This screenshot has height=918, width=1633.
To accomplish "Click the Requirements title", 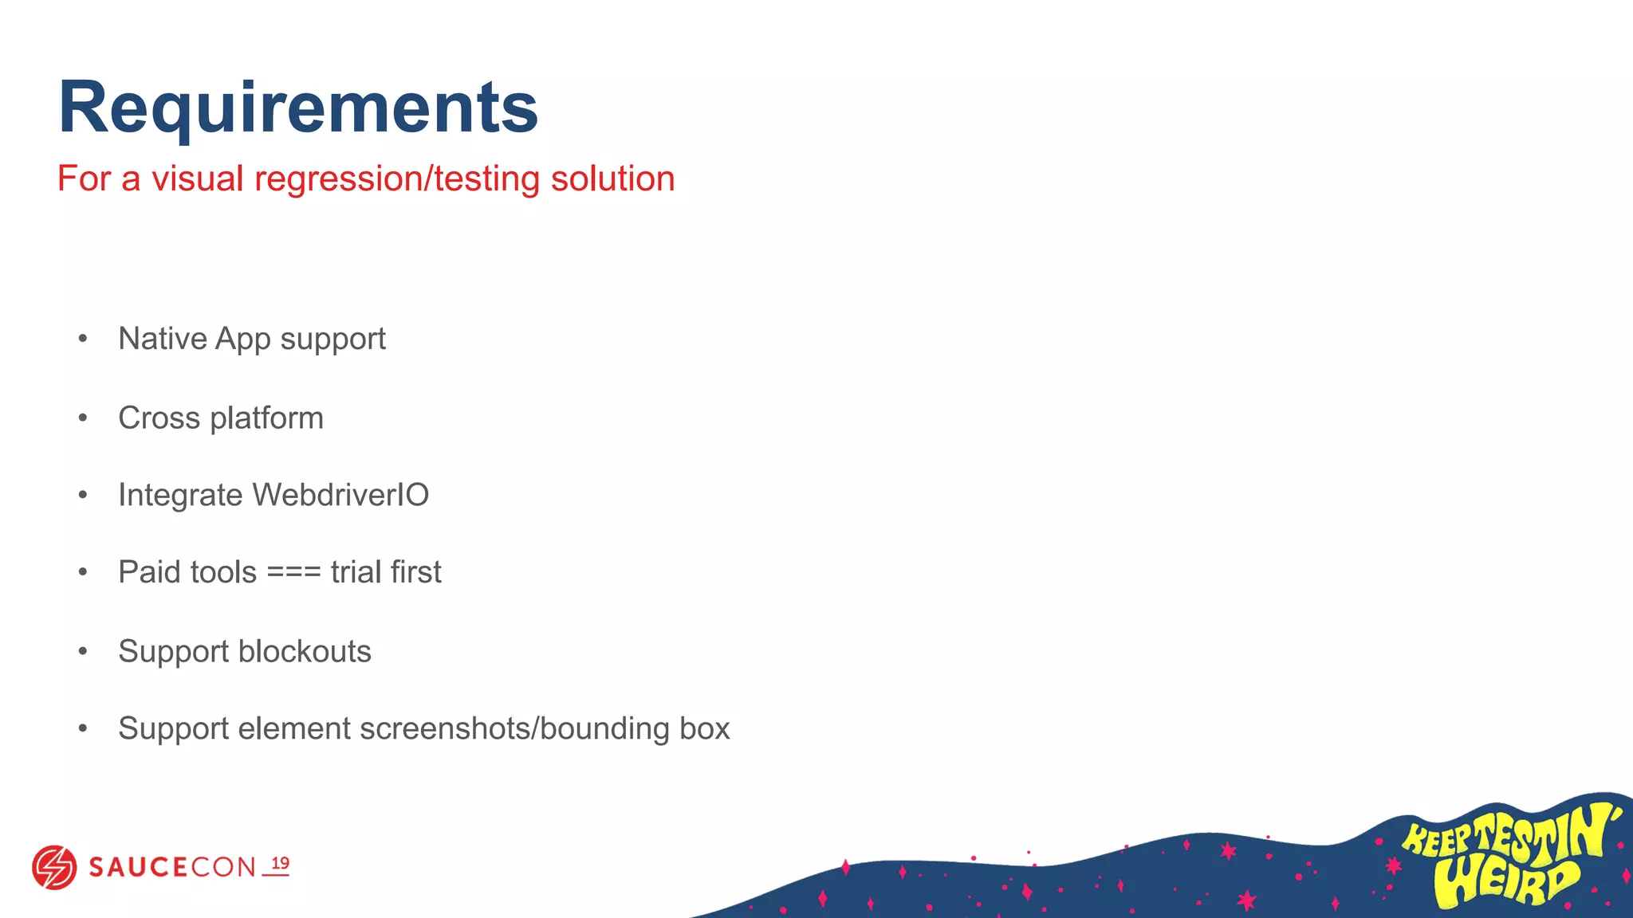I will point(298,109).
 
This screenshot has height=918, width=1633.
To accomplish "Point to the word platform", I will point(266,418).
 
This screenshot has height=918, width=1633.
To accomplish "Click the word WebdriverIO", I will point(340,495).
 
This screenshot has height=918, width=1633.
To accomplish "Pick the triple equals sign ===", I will point(293,572).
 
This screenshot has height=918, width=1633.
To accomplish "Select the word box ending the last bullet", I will point(705,728).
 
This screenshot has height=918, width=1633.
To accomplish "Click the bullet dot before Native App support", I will point(83,339).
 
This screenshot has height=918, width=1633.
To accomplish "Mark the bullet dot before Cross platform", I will point(83,418).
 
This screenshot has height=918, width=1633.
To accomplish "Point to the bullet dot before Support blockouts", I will point(83,652).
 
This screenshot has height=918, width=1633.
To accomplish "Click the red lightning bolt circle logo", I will point(54,867).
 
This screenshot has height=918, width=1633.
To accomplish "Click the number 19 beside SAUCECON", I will point(280,864).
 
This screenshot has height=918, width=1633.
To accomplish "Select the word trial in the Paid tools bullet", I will point(356,572).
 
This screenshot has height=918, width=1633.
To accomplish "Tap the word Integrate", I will point(180,496).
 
